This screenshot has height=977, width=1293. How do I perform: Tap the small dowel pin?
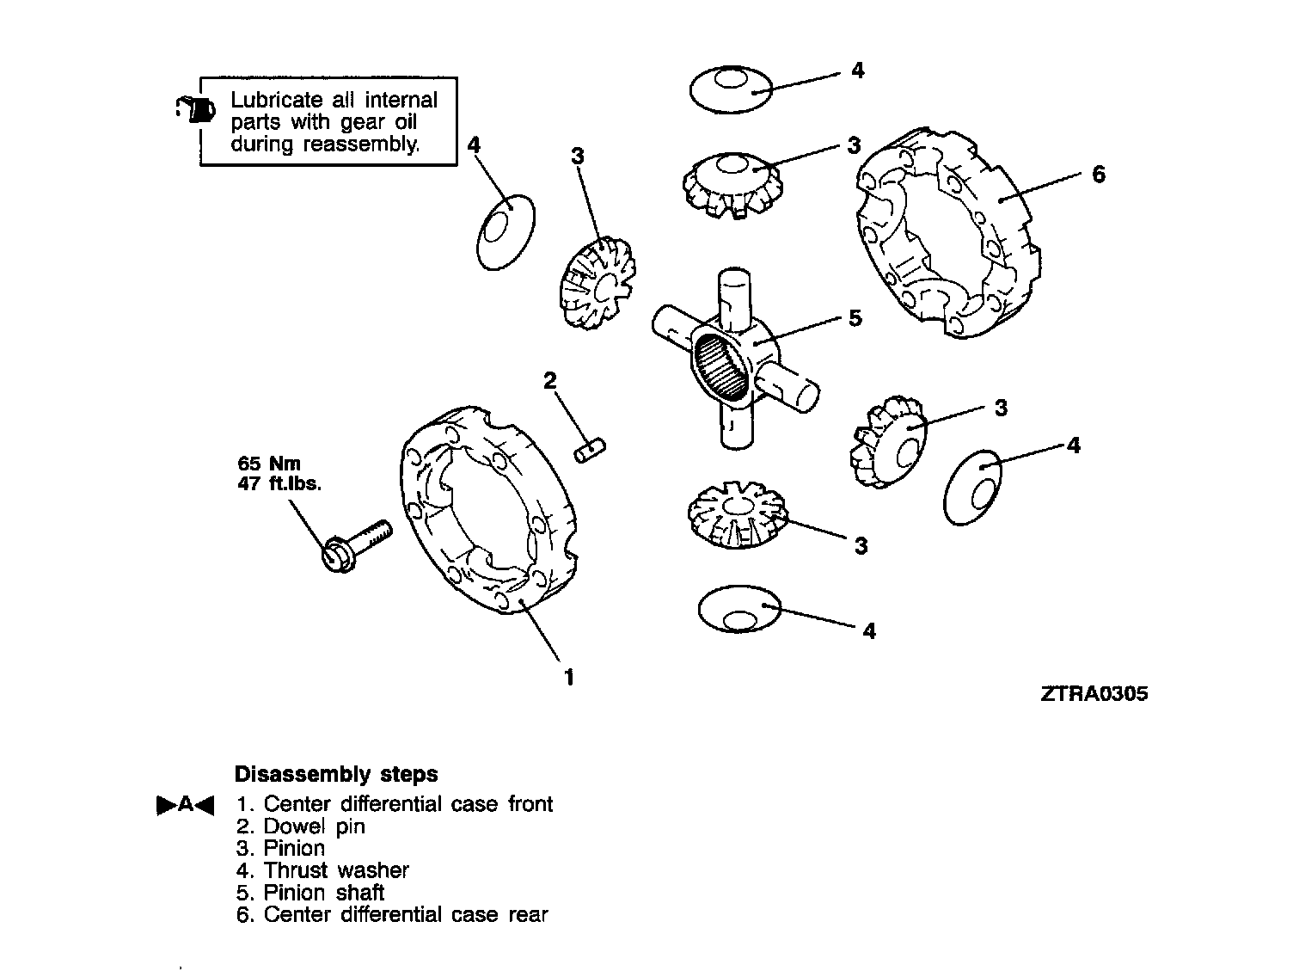[590, 450]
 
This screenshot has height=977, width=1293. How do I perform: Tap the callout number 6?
[1098, 175]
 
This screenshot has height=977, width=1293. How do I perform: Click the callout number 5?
[855, 318]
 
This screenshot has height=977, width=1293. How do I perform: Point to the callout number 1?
[567, 677]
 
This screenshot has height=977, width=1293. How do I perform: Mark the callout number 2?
[550, 380]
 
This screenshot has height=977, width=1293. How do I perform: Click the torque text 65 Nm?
[269, 464]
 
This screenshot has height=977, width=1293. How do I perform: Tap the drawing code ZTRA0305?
[1094, 694]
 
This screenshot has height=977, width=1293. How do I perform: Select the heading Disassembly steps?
[336, 774]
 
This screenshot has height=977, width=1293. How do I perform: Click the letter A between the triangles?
[185, 805]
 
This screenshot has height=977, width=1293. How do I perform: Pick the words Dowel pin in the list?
[314, 826]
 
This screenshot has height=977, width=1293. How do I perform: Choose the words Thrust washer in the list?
[336, 870]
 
